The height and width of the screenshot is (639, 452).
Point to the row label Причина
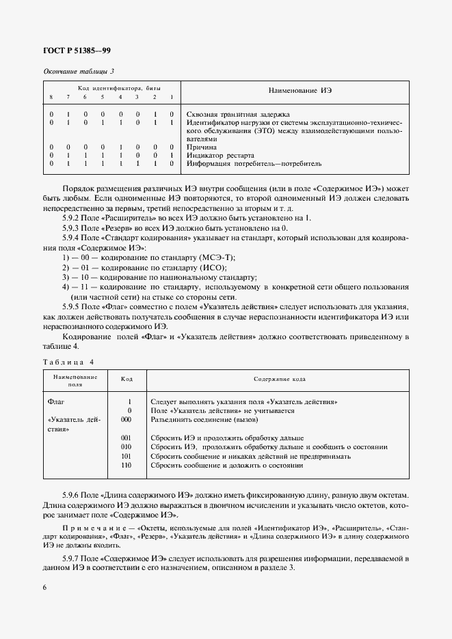202,147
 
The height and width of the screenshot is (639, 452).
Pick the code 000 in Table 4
125,420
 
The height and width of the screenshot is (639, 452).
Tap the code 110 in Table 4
125,465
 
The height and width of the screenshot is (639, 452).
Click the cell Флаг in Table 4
55,402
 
